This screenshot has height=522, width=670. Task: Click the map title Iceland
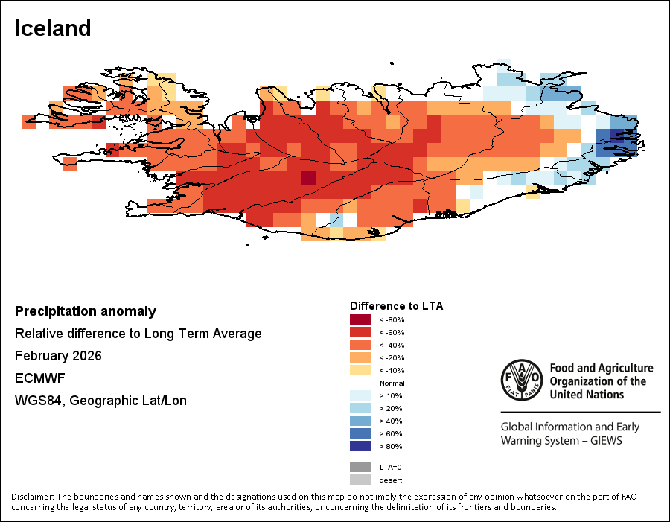pos(53,28)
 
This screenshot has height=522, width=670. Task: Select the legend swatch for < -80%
pos(360,319)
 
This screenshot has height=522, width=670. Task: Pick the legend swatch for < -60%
pos(360,332)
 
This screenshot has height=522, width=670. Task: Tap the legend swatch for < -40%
pos(360,345)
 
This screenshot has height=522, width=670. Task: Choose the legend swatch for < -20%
pos(360,357)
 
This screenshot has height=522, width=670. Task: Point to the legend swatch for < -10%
pos(360,370)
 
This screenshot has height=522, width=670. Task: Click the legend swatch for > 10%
pos(360,395)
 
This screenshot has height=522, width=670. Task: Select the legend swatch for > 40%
pos(360,421)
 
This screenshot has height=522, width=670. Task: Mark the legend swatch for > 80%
pos(360,446)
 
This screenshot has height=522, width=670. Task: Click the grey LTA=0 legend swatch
pos(360,467)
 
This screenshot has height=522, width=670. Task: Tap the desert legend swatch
pos(360,480)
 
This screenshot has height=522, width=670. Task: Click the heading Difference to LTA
pos(396,306)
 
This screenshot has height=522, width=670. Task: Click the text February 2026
pos(58,356)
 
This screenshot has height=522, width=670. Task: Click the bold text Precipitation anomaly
pos(86,311)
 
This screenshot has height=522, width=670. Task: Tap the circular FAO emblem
pos(522,380)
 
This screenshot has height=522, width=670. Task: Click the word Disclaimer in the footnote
pos(33,497)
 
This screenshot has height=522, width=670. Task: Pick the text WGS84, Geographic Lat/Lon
pos(100,401)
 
